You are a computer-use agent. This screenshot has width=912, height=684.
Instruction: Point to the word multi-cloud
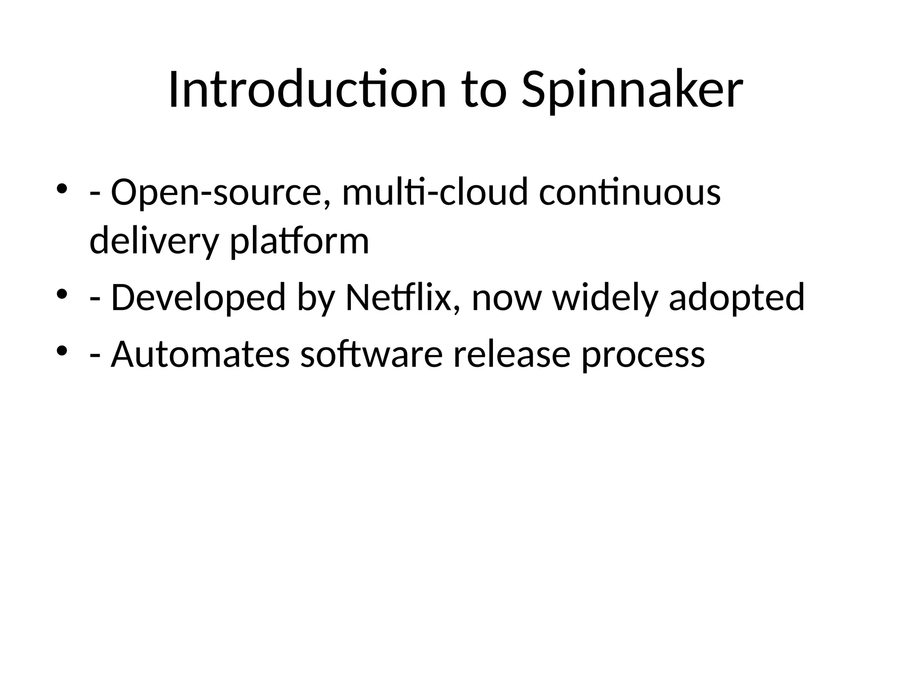435,192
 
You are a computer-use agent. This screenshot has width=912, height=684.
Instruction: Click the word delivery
154,241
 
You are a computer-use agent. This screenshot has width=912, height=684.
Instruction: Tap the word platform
299,241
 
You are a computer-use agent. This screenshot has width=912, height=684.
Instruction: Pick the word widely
605,297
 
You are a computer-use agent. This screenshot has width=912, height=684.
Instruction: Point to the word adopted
737,297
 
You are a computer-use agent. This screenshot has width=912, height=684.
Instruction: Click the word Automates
200,354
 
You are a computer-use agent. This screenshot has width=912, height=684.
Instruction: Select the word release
512,354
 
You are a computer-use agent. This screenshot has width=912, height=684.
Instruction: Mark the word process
643,354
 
